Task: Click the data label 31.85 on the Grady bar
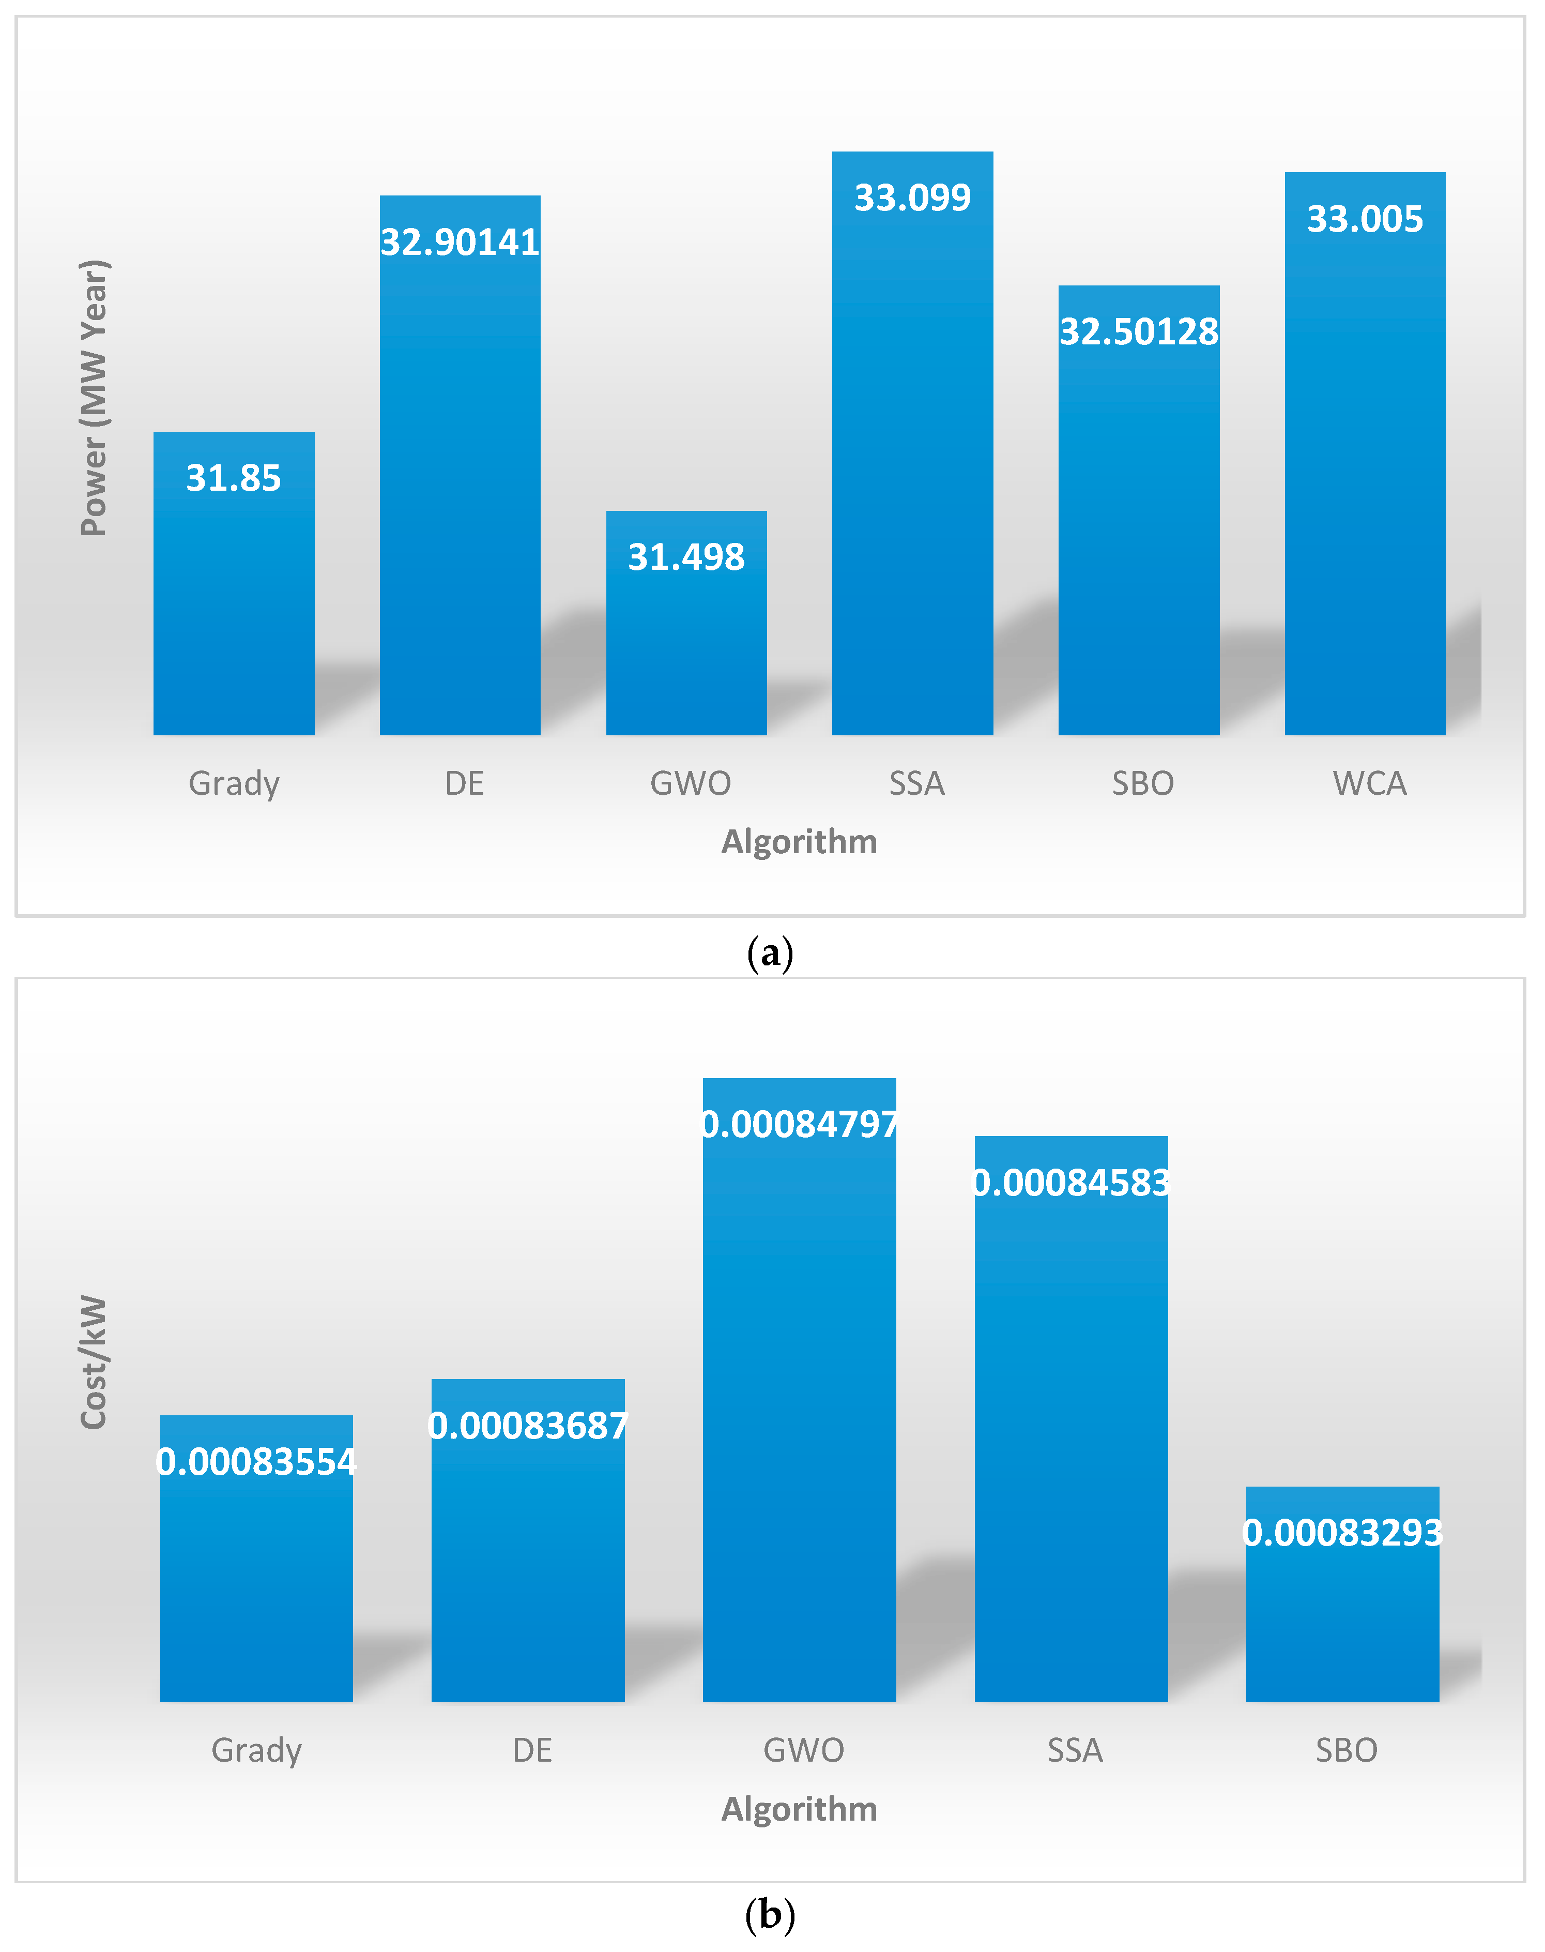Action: (234, 478)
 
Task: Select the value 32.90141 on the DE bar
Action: (460, 241)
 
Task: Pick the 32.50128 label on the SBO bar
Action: (1139, 331)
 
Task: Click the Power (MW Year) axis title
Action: (94, 398)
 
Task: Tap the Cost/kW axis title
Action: (94, 1362)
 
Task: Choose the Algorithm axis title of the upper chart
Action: (799, 842)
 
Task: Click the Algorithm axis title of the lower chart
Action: (799, 1809)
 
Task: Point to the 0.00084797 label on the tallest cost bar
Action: (800, 1124)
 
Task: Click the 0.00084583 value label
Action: (1071, 1183)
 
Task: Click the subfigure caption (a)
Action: (770, 953)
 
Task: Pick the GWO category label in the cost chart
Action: (803, 1750)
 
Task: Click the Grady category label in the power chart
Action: (234, 783)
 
